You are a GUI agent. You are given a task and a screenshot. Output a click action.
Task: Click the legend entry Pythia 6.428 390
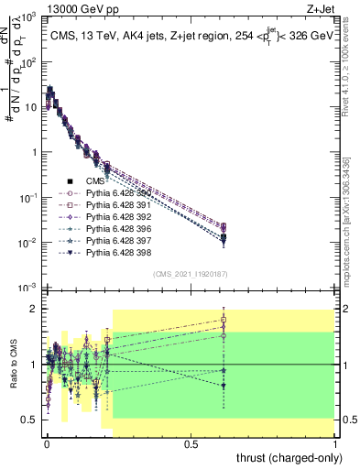point(117,193)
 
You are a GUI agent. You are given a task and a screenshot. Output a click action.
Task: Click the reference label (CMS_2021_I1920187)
point(191,274)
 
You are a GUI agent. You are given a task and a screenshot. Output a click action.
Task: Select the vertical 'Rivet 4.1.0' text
point(352,69)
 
